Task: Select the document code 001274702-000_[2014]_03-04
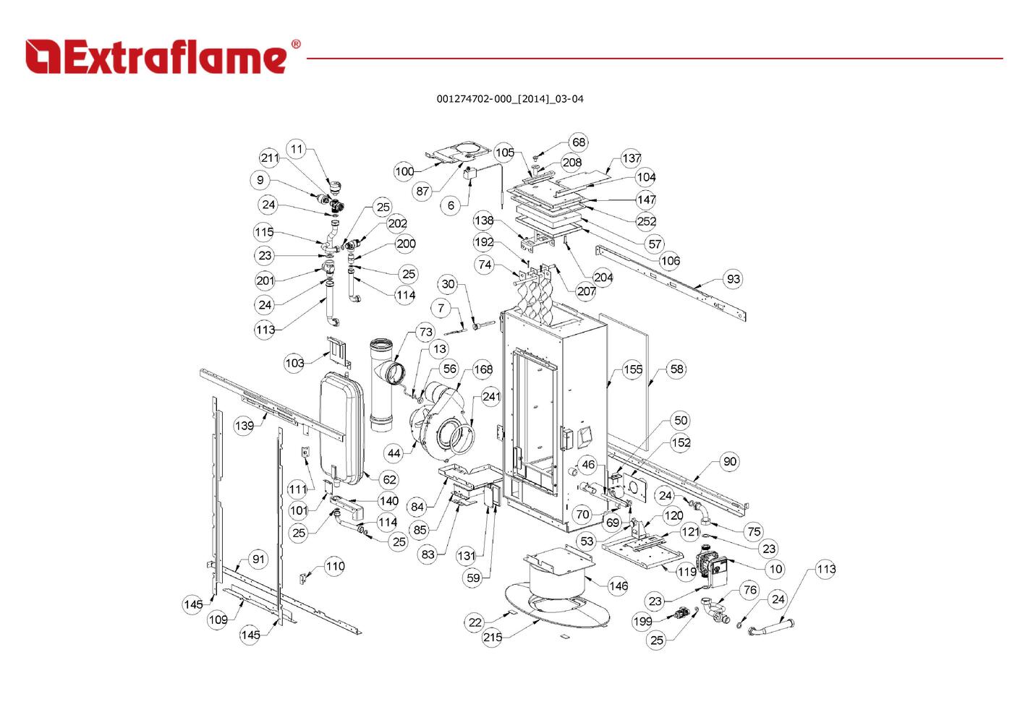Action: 509,99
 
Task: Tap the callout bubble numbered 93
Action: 733,279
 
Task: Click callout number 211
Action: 270,158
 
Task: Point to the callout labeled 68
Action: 579,142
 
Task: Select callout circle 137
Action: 632,158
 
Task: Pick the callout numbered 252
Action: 647,221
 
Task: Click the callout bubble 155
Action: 633,369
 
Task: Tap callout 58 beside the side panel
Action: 676,369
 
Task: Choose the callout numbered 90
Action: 730,461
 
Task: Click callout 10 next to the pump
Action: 775,569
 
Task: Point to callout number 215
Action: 492,637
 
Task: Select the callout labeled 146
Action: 618,586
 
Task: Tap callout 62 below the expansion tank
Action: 389,479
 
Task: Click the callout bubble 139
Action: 245,425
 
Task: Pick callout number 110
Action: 335,566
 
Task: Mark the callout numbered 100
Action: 404,171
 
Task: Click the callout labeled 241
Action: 491,397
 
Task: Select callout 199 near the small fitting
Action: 642,621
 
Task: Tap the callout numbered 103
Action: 294,362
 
